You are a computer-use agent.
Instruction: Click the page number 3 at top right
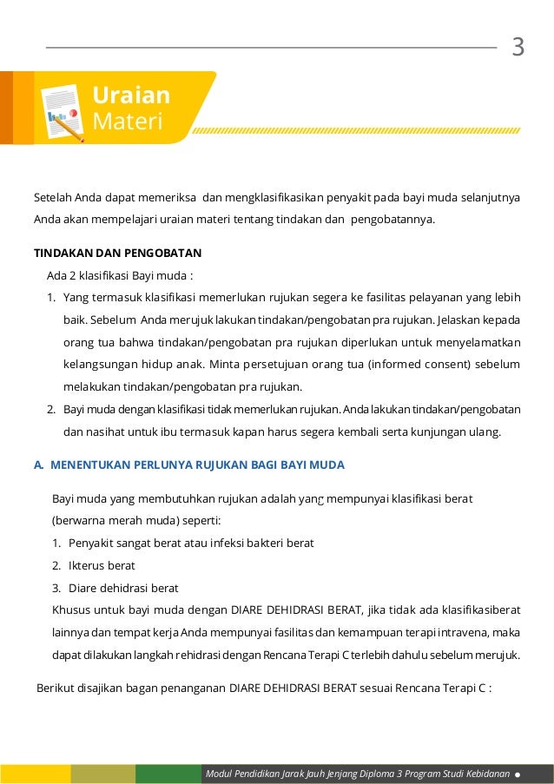pos(518,47)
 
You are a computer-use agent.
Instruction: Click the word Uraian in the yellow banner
pos(132,95)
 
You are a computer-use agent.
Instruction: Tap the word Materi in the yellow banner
pos(128,122)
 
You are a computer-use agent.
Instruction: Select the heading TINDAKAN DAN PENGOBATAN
pos(117,254)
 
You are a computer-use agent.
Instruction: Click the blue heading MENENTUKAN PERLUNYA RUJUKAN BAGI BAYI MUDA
pos(197,465)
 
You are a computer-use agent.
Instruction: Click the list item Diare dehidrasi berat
pos(122,588)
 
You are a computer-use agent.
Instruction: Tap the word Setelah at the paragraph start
pos(51,197)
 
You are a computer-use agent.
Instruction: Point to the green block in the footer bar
pos(168,774)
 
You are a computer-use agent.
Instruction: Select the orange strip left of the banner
pos(6,107)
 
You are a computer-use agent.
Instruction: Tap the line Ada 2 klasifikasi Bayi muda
pos(119,276)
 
